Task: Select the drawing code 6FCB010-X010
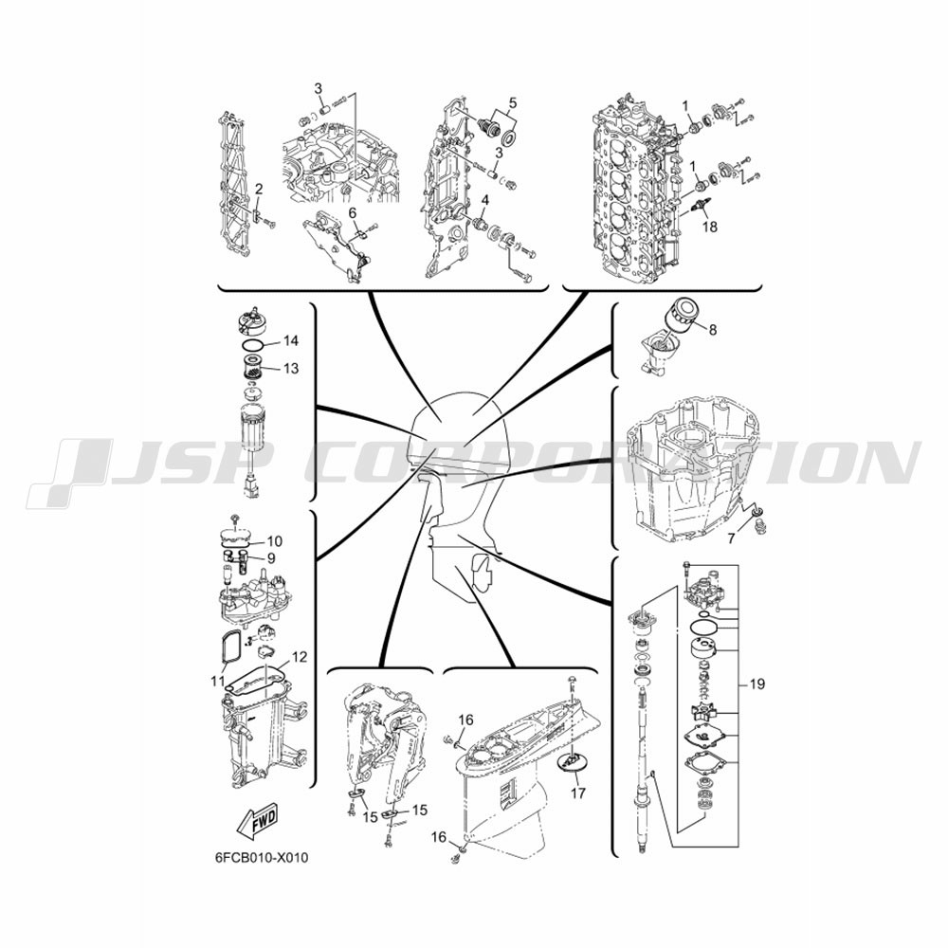point(262,858)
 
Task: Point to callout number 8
point(713,330)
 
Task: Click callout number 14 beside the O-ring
point(291,341)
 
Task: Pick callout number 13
point(291,368)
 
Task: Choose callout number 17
point(578,792)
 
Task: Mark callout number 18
point(710,227)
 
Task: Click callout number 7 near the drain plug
point(731,538)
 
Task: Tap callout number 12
point(300,657)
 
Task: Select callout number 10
point(275,541)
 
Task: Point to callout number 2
point(259,190)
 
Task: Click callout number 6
point(353,212)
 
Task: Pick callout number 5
point(513,102)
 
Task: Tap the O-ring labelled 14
point(253,345)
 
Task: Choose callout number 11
point(218,682)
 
